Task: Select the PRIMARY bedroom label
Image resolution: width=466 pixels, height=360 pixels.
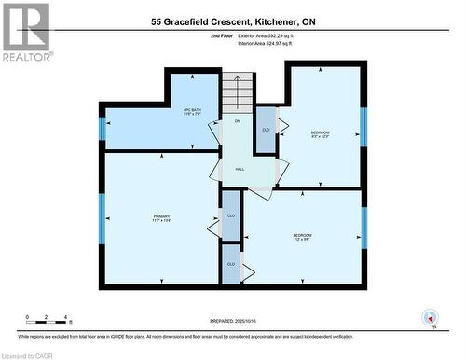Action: (161, 218)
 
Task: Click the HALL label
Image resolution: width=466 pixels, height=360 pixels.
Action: (240, 169)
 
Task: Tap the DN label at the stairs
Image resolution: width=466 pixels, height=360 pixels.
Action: (238, 122)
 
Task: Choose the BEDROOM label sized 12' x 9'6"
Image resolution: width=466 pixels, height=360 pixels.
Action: (302, 236)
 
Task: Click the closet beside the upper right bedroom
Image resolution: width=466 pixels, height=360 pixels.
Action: (266, 130)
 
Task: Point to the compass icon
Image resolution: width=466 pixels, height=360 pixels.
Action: (430, 318)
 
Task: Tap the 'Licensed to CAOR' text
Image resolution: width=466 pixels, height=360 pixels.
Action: (30, 354)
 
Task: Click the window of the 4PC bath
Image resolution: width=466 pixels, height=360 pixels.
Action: (103, 129)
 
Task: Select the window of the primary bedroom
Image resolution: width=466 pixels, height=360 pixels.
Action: (103, 218)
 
